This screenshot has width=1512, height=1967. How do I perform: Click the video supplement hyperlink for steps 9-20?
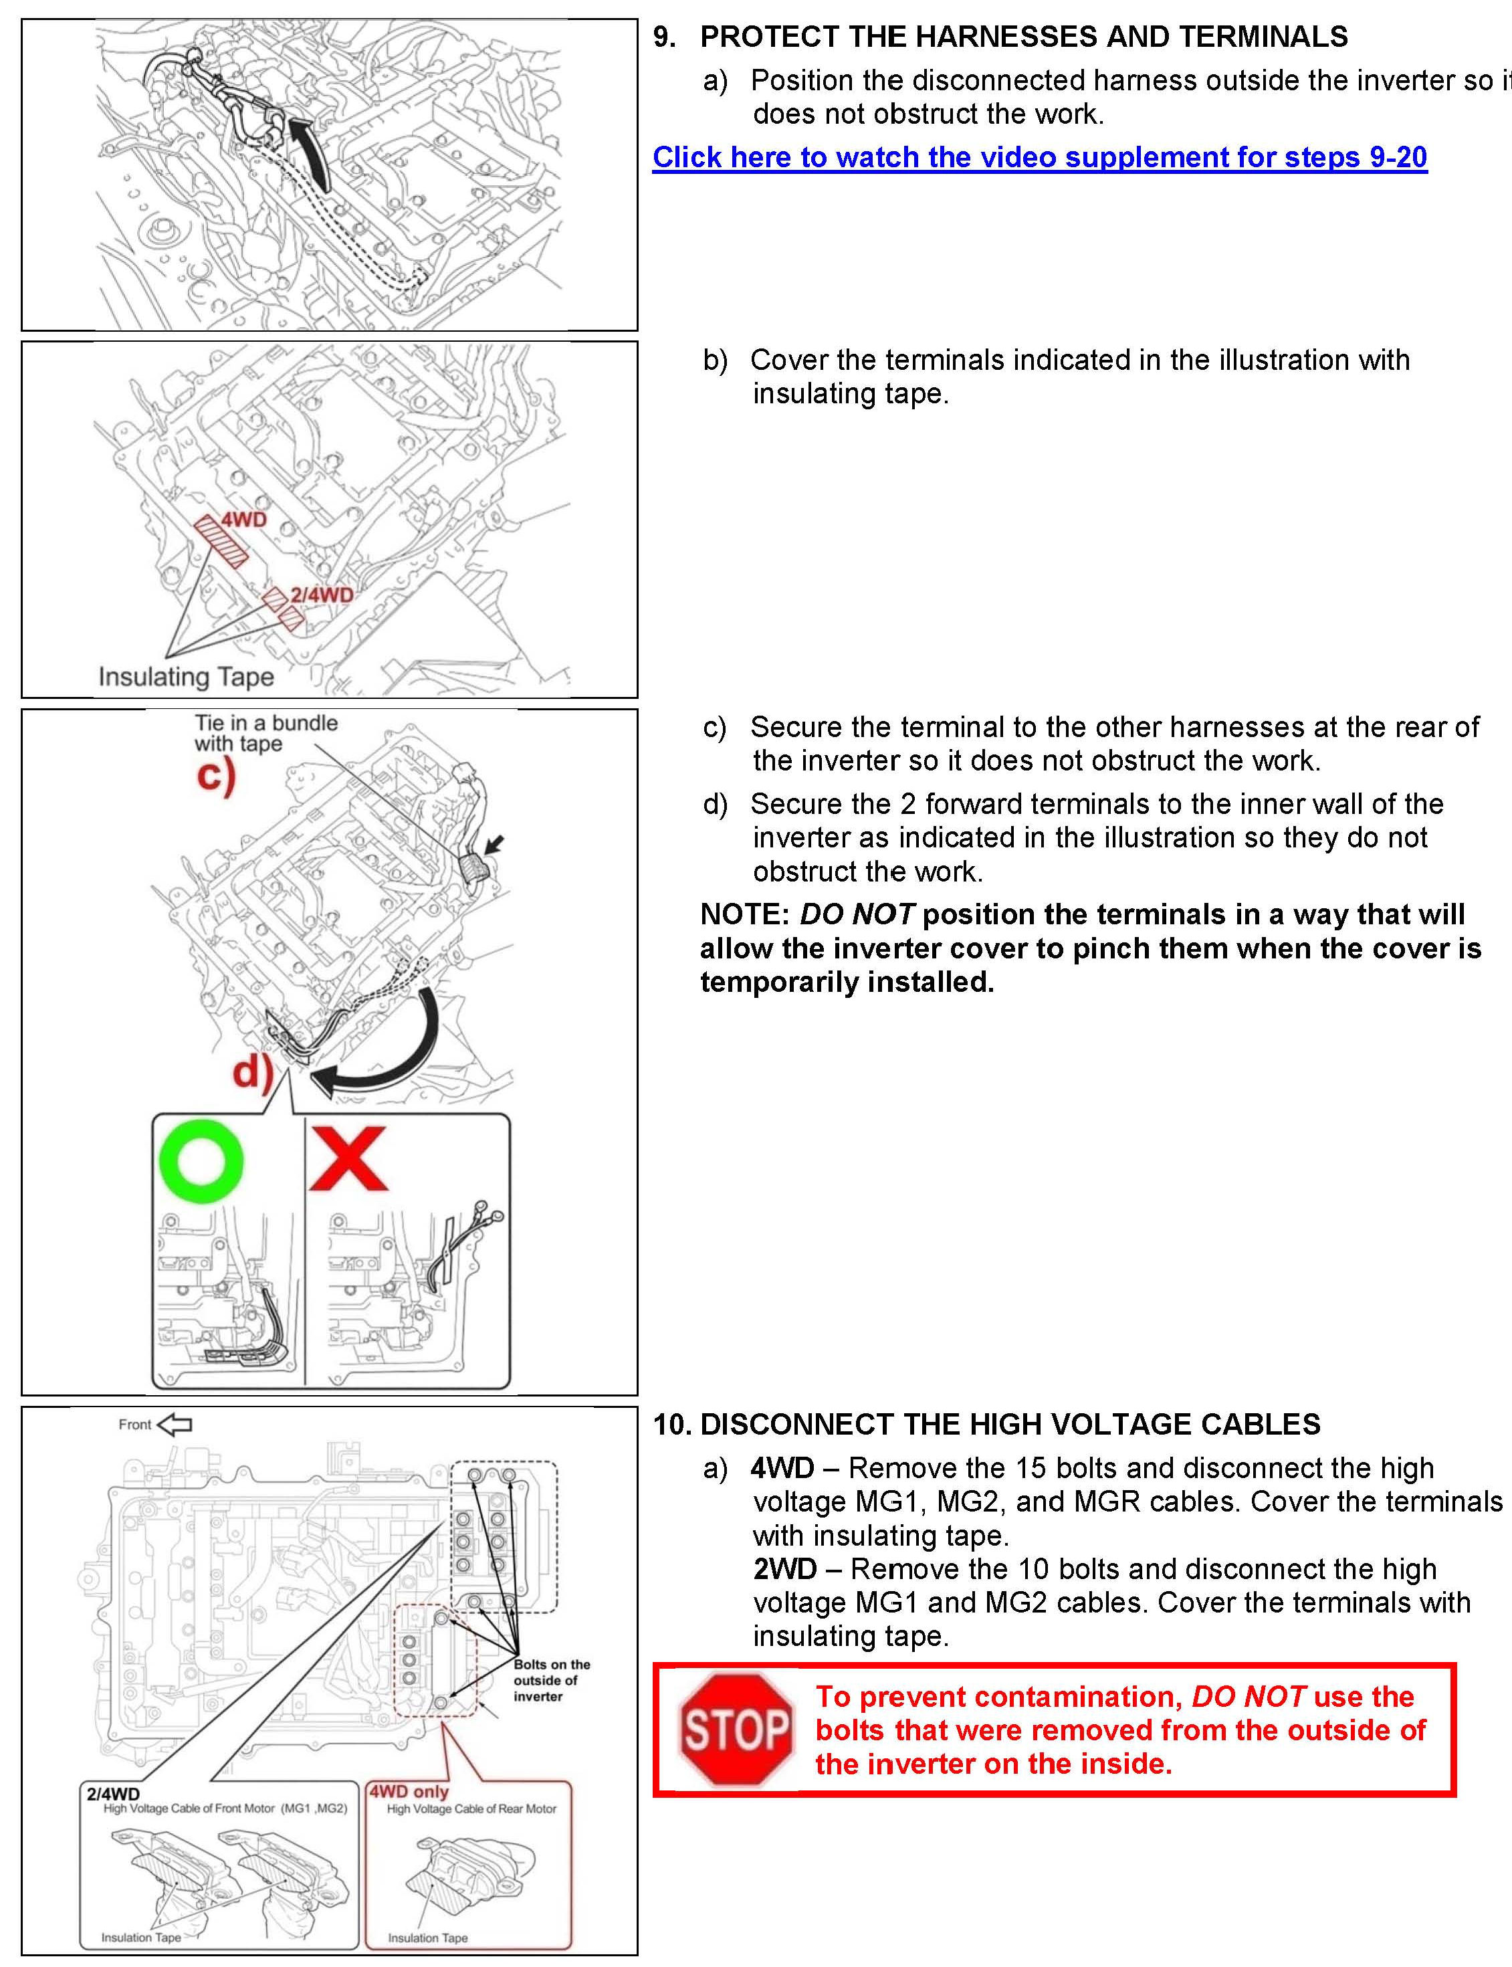tap(1039, 158)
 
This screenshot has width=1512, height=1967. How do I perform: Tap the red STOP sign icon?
tap(736, 1730)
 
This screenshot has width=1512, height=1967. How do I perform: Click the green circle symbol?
tap(201, 1161)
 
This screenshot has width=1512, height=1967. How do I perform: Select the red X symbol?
tap(348, 1160)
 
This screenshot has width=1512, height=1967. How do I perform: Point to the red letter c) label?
tap(216, 775)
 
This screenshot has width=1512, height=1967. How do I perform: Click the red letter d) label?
tap(253, 1071)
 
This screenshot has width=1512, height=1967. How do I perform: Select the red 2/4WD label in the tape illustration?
tap(321, 595)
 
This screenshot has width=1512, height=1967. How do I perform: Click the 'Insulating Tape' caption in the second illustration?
tap(187, 676)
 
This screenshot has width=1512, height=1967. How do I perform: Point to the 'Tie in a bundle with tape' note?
tap(265, 733)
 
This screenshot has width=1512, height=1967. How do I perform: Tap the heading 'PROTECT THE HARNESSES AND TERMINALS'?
tap(1023, 37)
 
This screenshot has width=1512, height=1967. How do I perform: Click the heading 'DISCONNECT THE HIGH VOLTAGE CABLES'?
tap(1010, 1424)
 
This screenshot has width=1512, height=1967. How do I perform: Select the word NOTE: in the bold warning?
tap(744, 915)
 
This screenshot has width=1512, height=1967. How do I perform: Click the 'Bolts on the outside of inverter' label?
tap(551, 1680)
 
